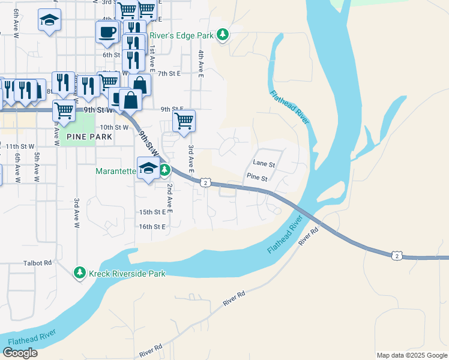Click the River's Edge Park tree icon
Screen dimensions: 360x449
[223, 35]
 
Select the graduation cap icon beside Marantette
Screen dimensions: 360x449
[148, 169]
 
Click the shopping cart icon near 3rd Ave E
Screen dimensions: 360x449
[184, 121]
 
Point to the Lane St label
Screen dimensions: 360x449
[264, 163]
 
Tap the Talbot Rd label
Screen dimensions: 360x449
[38, 262]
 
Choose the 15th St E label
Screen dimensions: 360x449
[152, 212]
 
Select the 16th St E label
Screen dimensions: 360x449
[152, 227]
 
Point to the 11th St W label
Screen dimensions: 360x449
[20, 146]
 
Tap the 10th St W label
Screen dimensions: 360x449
[114, 127]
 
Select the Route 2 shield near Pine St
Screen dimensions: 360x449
[205, 182]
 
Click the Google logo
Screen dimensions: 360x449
[20, 353]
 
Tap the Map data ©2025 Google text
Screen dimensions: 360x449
[411, 355]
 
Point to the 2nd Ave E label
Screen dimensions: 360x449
[170, 199]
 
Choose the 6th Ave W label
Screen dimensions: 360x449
[18, 167]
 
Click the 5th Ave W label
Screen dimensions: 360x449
[37, 167]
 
